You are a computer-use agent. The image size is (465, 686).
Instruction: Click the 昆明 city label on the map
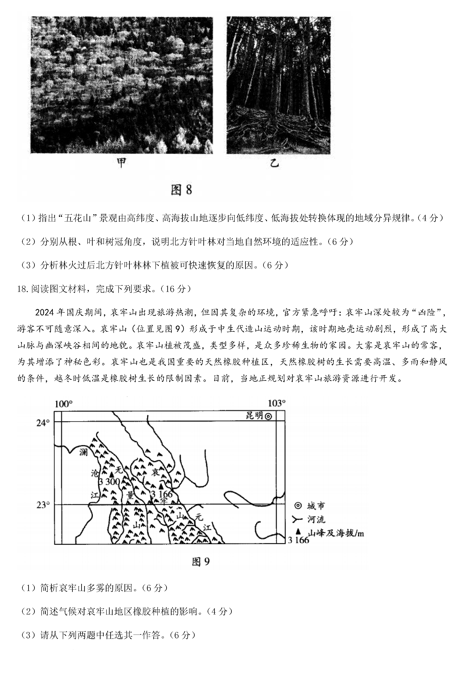click(254, 416)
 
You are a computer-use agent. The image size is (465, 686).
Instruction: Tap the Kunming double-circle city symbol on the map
click(268, 416)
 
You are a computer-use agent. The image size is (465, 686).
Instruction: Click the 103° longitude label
click(276, 403)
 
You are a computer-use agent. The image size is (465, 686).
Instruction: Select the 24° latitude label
click(43, 423)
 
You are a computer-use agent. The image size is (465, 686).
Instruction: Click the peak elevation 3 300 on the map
click(109, 482)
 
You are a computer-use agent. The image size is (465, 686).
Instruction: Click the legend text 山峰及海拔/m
click(335, 533)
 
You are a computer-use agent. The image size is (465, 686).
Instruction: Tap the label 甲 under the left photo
click(121, 163)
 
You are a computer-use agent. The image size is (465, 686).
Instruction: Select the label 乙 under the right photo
click(274, 163)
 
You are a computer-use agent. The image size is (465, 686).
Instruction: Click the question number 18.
click(22, 289)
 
